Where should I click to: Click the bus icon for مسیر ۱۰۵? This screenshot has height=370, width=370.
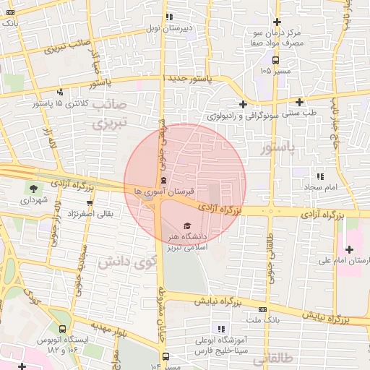click(275, 59)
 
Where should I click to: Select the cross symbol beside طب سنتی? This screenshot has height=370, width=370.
click(244, 103)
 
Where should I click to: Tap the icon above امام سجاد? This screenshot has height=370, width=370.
click(320, 176)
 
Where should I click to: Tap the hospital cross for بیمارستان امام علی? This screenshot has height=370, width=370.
click(349, 249)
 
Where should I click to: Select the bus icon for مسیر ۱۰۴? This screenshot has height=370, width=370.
click(166, 356)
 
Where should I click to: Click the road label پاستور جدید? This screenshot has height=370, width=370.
click(189, 79)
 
